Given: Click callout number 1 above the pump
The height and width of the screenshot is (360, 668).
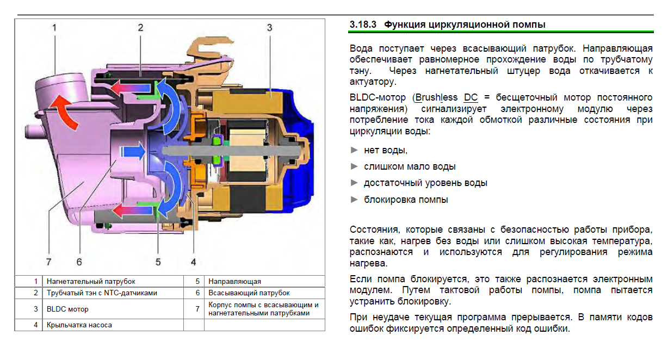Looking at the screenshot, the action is tap(54, 28).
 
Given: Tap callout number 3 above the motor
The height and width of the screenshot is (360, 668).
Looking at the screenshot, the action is tap(270, 28).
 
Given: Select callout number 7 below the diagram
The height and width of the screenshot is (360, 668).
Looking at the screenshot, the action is tap(48, 262).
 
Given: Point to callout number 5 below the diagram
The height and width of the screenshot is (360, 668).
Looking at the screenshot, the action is tap(158, 262).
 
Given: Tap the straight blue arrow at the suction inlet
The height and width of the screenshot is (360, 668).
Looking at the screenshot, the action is tap(133, 151).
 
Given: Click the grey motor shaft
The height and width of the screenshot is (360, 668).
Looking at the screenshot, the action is tap(231, 151).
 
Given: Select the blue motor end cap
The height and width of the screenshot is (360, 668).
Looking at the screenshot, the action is tap(298, 149).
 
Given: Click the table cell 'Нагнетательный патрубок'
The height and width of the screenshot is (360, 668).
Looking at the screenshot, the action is tap(91, 281).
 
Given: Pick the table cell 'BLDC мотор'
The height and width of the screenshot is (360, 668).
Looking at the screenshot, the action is tap(67, 309).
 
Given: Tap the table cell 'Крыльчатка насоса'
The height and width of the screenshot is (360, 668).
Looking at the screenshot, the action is tap(79, 325).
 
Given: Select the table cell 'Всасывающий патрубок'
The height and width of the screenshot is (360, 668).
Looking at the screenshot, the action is tap(249, 293).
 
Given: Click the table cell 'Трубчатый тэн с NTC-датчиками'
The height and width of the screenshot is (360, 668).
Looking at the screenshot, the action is tap(102, 293).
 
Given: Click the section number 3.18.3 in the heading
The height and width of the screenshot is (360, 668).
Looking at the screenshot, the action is tap(363, 24).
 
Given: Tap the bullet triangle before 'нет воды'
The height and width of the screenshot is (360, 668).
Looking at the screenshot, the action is tap(354, 150).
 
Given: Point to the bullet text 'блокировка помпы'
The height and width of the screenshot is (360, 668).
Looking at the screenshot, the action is tap(406, 200).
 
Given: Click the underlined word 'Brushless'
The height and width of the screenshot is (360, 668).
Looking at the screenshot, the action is tap(436, 97).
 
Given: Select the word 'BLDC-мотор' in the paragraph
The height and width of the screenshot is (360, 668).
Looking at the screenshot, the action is tap(378, 97).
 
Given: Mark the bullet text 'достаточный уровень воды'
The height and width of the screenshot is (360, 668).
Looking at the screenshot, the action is tap(425, 183).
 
